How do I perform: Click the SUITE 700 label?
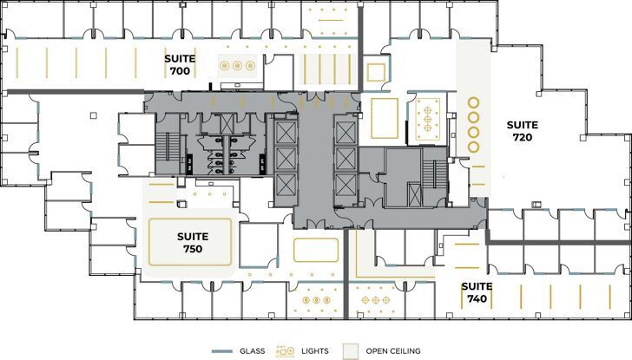(x=181, y=64)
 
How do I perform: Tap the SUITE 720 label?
(x=522, y=131)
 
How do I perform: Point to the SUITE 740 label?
(x=477, y=292)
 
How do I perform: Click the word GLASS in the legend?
(x=253, y=351)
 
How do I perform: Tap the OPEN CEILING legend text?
(x=392, y=351)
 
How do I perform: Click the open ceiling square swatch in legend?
(x=351, y=350)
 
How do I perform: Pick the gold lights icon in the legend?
(x=286, y=350)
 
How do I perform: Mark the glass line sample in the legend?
(x=223, y=351)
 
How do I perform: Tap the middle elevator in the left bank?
(x=285, y=159)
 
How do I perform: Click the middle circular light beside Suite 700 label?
(x=238, y=65)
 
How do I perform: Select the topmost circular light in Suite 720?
(x=474, y=101)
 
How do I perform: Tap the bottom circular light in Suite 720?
(x=474, y=148)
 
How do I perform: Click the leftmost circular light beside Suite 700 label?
(x=225, y=65)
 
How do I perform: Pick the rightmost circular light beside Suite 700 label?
(x=251, y=65)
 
